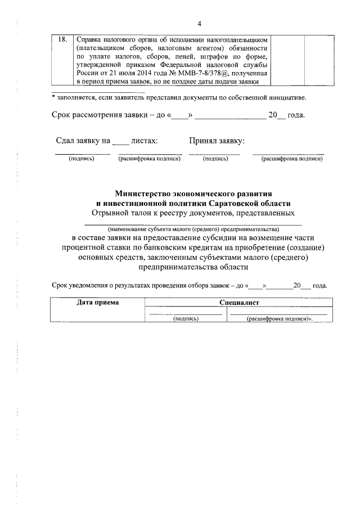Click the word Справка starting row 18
click(x=90, y=40)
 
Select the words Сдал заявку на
click(x=83, y=140)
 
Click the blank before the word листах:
click(x=120, y=141)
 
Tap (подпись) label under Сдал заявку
click(x=82, y=159)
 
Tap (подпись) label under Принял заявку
click(x=215, y=159)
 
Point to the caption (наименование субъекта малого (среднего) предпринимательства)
click(x=193, y=229)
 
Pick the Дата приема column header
click(x=97, y=303)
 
